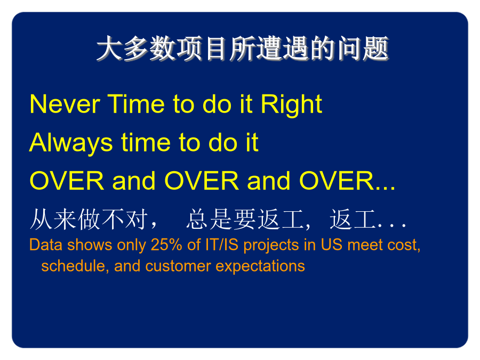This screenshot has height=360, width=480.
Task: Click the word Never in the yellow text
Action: (x=65, y=105)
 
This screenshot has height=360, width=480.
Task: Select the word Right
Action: (x=291, y=106)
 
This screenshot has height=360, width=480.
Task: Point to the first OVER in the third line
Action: (x=67, y=181)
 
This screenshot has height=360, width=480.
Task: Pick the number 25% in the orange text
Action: (x=166, y=245)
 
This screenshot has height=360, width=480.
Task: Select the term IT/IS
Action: (x=222, y=245)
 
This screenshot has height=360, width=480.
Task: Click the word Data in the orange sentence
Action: (x=46, y=245)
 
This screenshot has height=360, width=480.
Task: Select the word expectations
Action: (x=260, y=267)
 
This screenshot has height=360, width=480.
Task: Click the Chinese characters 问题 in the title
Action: (x=363, y=49)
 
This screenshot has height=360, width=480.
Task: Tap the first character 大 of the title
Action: (x=109, y=49)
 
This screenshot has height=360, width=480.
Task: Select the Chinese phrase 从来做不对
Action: (x=89, y=219)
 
